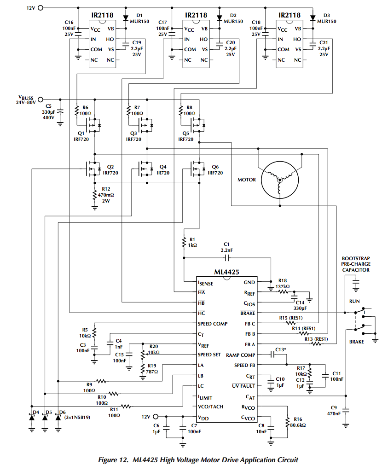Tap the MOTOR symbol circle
tap(279, 180)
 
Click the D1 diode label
tap(139, 16)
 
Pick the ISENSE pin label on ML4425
tap(205, 283)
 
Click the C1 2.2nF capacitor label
tap(226, 247)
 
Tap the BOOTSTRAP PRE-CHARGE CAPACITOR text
tap(355, 264)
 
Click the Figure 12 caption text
tap(198, 459)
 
